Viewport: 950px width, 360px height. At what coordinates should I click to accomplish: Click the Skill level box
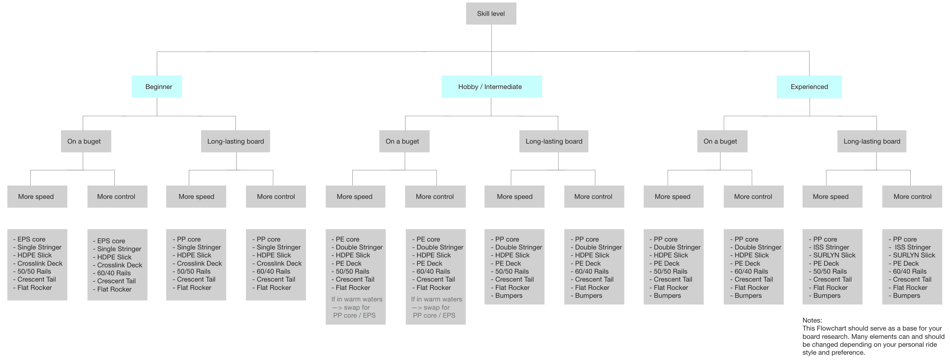tap(491, 14)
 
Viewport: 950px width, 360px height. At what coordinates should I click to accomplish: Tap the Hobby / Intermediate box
tap(492, 87)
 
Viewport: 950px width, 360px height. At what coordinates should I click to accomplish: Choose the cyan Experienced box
tap(809, 87)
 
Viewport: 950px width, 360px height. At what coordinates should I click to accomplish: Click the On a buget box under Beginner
tap(86, 141)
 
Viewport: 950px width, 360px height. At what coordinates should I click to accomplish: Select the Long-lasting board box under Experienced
tap(872, 141)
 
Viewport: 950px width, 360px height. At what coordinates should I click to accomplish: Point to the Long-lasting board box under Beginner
tap(235, 141)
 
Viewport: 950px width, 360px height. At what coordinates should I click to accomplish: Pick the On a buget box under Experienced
tap(722, 141)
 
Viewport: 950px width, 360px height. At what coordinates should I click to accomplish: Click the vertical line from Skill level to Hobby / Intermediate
tap(492, 50)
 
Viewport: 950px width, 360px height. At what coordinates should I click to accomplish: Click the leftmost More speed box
tap(37, 197)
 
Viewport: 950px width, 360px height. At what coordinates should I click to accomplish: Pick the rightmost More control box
tap(912, 197)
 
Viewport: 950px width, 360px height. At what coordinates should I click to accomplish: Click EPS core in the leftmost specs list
tap(31, 239)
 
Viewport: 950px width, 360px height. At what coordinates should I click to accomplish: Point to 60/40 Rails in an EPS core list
tap(114, 273)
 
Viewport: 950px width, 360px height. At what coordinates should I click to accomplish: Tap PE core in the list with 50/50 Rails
tap(347, 239)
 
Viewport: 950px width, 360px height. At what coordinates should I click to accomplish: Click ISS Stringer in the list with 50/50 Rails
tap(831, 247)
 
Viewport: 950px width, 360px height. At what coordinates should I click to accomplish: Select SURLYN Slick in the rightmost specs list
tap(914, 255)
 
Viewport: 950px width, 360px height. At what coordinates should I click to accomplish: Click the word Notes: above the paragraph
tap(812, 320)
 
